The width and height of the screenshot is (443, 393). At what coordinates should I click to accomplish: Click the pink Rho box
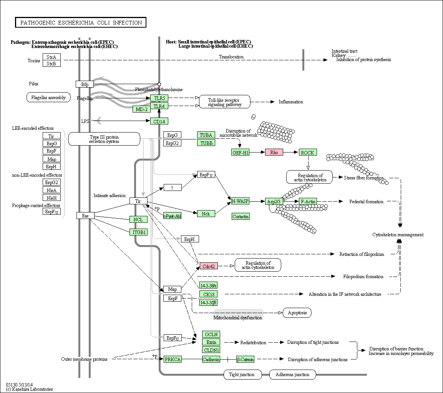[x=274, y=152]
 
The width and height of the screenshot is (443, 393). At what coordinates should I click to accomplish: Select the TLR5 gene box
[x=159, y=98]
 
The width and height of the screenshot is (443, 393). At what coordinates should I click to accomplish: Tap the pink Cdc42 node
[x=209, y=266]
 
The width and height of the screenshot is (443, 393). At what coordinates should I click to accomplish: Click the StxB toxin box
[x=51, y=63]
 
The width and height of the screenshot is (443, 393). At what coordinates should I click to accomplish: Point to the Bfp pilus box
[x=85, y=84]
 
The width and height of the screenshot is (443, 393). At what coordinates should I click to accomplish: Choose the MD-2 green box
[x=141, y=109]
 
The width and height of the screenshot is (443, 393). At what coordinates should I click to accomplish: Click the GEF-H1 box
[x=241, y=153]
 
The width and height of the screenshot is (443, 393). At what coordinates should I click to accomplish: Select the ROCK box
[x=308, y=153]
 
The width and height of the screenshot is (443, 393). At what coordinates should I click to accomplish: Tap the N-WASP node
[x=240, y=201]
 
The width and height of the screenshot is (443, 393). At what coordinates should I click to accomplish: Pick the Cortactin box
[x=241, y=216]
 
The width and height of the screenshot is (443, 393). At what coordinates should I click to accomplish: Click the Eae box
[x=85, y=216]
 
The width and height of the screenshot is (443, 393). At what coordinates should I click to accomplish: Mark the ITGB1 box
[x=138, y=232]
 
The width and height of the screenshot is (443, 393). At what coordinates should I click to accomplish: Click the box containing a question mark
[x=173, y=187]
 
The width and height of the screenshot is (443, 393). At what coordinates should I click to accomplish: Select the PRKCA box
[x=173, y=359]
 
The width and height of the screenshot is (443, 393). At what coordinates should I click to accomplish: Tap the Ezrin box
[x=211, y=342]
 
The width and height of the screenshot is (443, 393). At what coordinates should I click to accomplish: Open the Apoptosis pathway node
[x=297, y=313]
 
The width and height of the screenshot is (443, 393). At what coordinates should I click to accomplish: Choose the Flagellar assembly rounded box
[x=48, y=98]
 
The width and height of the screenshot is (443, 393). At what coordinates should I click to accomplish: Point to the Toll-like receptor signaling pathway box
[x=225, y=102]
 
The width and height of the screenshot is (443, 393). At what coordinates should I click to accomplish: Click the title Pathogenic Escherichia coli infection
[x=81, y=23]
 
